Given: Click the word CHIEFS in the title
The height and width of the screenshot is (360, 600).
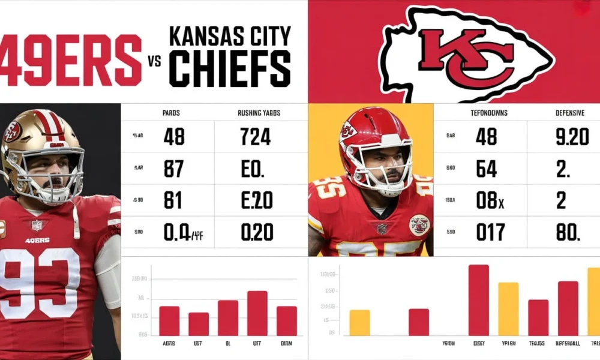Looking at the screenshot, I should (x=229, y=69).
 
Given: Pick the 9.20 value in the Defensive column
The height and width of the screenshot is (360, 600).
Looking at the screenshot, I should (x=572, y=137).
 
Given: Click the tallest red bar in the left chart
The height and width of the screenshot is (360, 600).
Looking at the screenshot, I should (x=257, y=313).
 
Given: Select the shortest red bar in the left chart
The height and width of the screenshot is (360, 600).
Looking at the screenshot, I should (x=199, y=324).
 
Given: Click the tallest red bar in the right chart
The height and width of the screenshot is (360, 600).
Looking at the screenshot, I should (x=478, y=300).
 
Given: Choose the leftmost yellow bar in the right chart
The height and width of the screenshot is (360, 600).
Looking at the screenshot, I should (x=359, y=323).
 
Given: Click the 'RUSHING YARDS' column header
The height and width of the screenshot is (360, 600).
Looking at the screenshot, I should (x=259, y=113).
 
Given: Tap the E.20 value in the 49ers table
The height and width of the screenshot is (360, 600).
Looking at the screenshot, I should (x=257, y=200).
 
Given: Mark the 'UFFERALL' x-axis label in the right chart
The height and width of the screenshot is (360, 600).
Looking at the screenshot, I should (x=567, y=344).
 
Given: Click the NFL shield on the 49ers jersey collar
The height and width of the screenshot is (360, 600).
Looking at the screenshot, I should (x=37, y=225).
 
